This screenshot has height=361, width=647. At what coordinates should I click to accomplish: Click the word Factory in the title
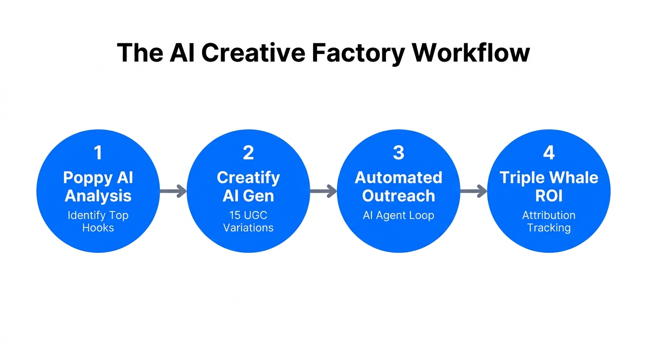[x=358, y=53]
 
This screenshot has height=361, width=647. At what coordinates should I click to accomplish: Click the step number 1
[x=98, y=153]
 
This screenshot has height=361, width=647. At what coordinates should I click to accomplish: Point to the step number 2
[x=248, y=153]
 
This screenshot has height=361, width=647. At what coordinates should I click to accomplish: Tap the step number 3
[x=398, y=153]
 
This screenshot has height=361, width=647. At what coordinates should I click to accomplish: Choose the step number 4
[x=549, y=153]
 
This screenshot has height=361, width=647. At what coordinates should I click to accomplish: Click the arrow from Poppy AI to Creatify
[x=173, y=191]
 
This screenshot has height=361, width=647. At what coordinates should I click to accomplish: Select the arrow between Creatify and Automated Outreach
[x=323, y=191]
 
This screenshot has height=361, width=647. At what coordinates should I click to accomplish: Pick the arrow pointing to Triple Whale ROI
[x=473, y=191]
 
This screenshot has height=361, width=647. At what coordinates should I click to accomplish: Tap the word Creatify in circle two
[x=248, y=178]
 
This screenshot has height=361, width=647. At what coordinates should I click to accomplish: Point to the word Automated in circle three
[x=398, y=178]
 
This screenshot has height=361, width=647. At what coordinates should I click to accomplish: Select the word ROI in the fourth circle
[x=549, y=196]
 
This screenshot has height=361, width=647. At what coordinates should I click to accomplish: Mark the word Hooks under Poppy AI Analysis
[x=98, y=228]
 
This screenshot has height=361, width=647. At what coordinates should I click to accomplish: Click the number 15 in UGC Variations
[x=235, y=216]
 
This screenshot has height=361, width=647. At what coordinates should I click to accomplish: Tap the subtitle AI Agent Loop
[x=398, y=216]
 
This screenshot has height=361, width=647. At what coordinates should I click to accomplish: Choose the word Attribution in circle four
[x=549, y=216]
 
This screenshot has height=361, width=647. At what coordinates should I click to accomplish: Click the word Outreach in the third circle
[x=398, y=196]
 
